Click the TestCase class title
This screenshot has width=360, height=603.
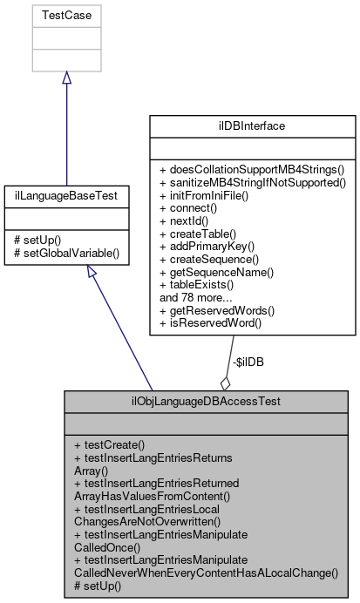[66, 16]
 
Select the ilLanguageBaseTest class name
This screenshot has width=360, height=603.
[66, 197]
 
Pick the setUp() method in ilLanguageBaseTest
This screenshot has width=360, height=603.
[44, 241]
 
